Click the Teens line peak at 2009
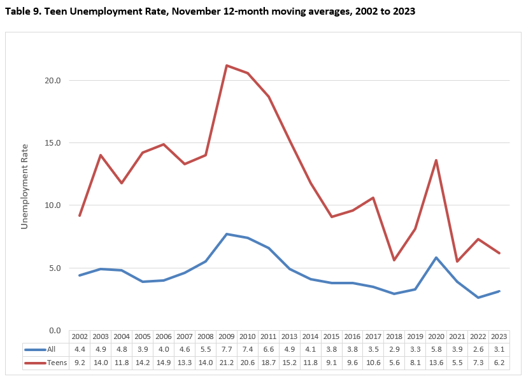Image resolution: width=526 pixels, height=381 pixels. tap(227, 65)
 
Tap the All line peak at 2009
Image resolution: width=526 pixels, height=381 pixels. tap(227, 234)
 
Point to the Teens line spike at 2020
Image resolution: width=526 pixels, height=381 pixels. tap(436, 160)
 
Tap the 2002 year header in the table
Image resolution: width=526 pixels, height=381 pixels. tap(80, 336)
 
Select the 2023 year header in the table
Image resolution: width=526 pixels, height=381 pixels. tap(499, 336)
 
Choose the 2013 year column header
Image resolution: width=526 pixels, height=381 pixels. tap(289, 336)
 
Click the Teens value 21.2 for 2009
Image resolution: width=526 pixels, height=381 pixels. tap(227, 361)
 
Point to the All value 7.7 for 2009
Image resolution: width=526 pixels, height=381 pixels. tap(227, 349)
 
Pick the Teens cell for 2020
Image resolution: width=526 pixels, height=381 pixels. tap(436, 361)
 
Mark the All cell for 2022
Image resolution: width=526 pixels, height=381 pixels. tap(478, 349)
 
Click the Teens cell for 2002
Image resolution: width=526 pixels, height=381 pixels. tap(80, 361)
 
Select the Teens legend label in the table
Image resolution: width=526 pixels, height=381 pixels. tap(57, 361)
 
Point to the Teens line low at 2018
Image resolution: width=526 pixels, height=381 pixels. tap(394, 260)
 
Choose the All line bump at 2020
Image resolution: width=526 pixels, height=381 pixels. tap(436, 258)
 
